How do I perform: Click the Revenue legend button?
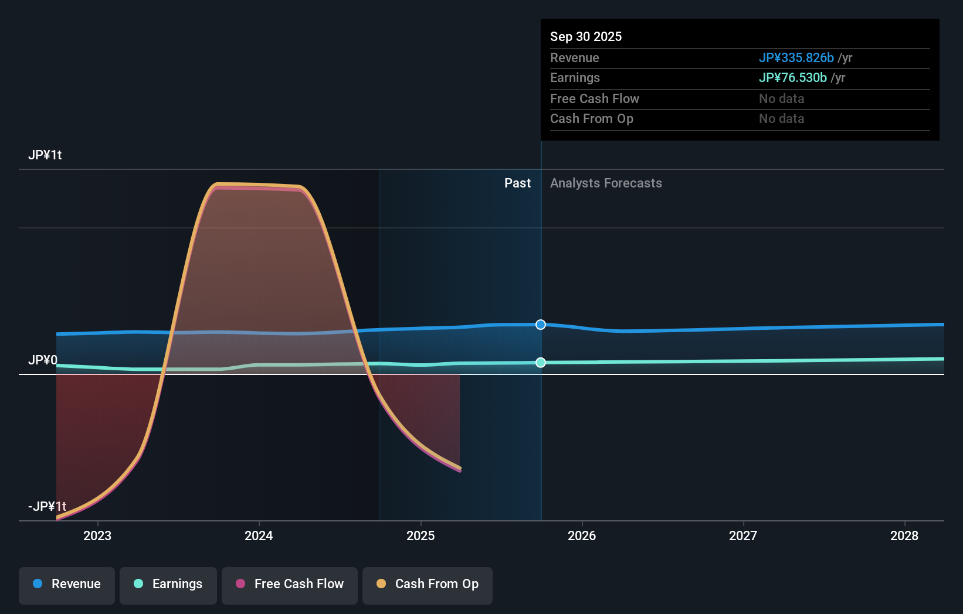67,584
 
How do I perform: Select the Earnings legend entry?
168,584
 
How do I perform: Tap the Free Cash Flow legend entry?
290,584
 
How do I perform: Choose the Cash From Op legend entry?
428,584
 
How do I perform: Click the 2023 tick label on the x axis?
97,535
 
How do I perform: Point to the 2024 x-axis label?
259,535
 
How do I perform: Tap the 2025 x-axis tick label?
421,535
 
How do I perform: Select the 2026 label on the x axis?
582,535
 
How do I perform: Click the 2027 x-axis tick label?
743,535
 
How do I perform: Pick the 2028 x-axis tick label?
904,535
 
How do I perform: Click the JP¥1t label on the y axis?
45,155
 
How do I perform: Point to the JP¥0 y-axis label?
43,360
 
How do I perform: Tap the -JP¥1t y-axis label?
47,506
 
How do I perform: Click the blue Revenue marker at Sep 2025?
541,325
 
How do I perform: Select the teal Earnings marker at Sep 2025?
541,363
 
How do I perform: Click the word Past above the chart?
517,183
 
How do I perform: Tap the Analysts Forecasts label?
606,183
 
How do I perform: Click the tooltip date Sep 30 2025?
586,36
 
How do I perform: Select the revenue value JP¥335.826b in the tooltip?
796,57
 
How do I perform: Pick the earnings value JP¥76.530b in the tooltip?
792,78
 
